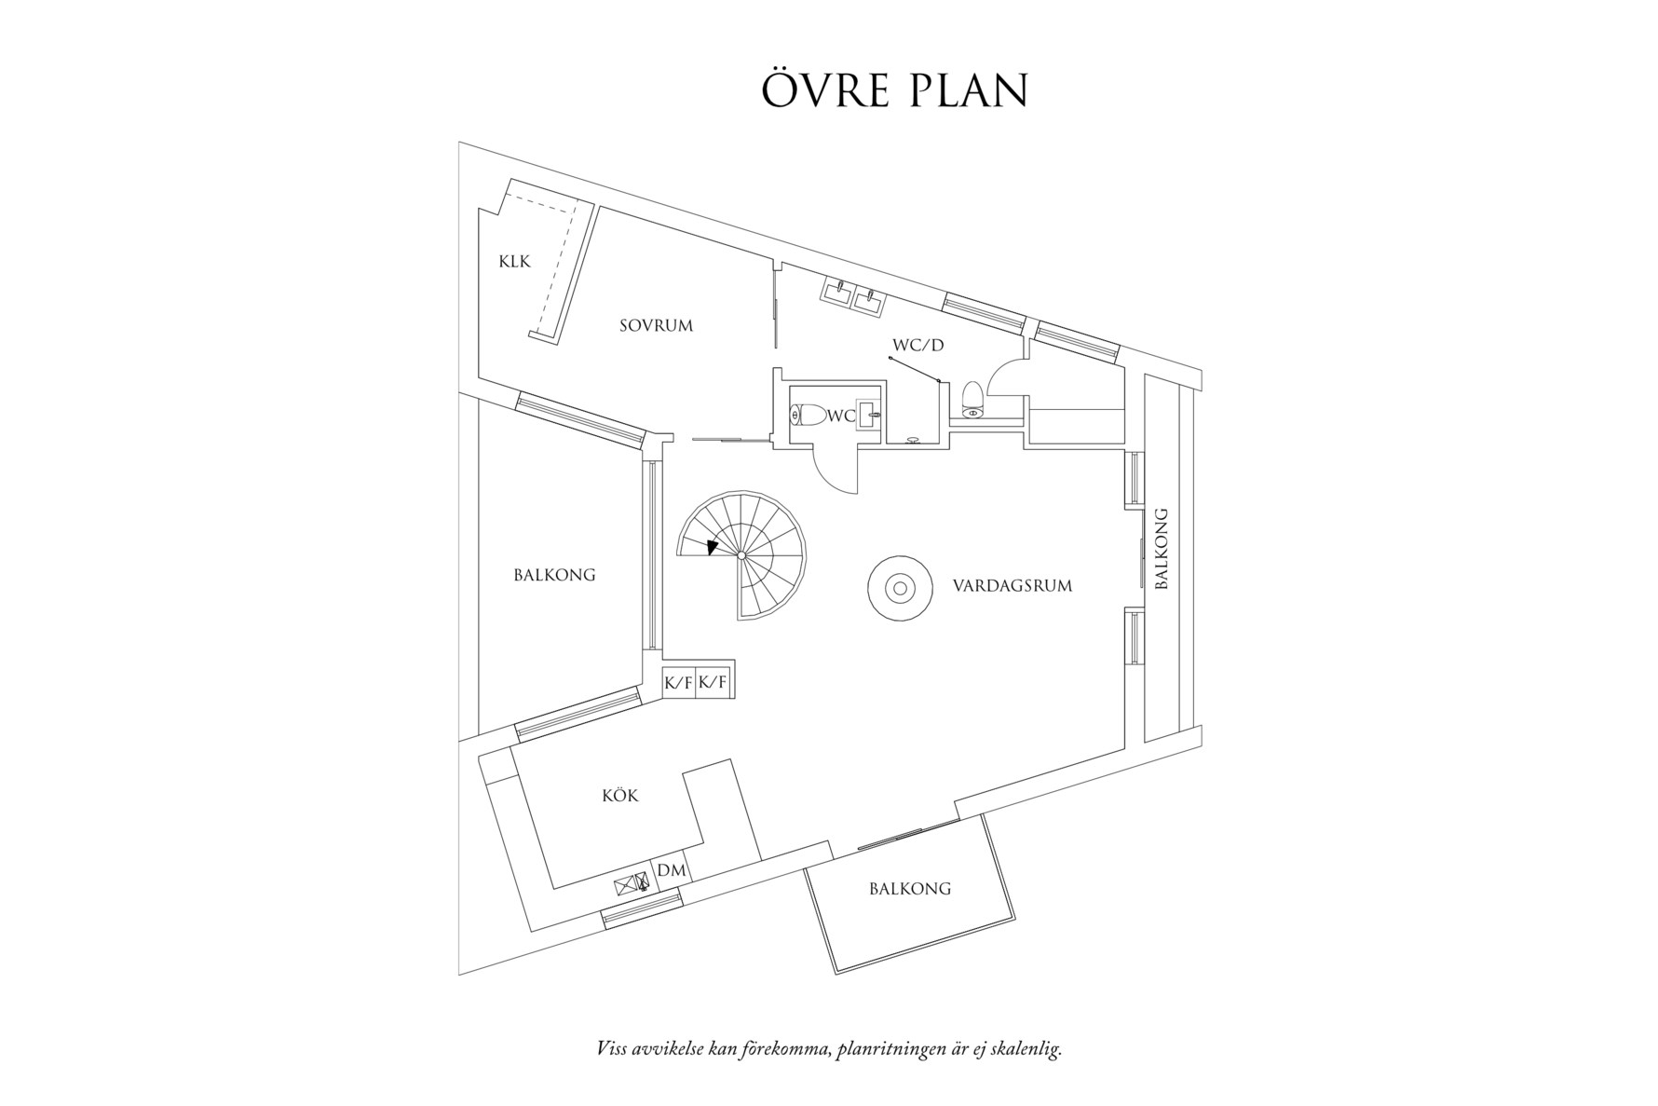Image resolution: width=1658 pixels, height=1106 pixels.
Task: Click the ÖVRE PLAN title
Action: click(894, 89)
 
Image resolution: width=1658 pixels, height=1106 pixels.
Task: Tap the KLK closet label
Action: click(514, 262)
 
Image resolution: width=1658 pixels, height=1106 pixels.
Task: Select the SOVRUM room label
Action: click(657, 326)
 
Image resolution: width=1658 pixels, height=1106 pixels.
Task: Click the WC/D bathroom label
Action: click(918, 346)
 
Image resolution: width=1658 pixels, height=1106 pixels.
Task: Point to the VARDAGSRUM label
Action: click(1012, 586)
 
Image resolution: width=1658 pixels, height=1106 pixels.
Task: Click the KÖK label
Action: click(620, 796)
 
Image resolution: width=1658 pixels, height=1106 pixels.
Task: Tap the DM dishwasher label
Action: click(672, 870)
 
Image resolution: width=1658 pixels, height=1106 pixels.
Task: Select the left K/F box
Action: click(678, 683)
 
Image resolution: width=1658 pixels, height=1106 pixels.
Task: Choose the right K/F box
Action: click(713, 683)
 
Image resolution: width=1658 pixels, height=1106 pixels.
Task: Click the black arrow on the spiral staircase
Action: click(713, 548)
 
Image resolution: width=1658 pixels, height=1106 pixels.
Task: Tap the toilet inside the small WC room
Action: click(808, 416)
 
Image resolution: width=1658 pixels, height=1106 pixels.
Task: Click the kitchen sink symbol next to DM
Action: click(632, 883)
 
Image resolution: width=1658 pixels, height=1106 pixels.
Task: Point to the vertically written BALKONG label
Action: click(1161, 549)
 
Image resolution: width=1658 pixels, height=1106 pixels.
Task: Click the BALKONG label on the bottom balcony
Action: click(910, 889)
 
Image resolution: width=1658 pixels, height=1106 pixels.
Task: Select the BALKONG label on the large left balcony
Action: click(554, 575)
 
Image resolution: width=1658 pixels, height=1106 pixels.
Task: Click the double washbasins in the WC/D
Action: click(852, 295)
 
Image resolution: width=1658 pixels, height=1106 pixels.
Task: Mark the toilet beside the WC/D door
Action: click(972, 398)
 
